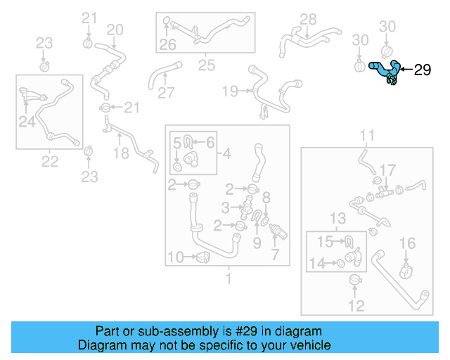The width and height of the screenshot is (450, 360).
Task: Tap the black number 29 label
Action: point(422,70)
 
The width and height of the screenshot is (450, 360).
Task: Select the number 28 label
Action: point(308,19)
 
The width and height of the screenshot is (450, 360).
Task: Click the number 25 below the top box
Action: point(206,66)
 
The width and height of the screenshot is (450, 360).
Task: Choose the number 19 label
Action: point(230,91)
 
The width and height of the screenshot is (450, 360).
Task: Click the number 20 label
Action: point(114,30)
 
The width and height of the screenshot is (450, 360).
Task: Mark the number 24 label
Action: point(27,122)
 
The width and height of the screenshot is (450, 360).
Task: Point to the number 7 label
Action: point(274,254)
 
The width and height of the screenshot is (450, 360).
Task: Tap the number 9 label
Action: point(257,243)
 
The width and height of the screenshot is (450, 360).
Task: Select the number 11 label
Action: point(368,135)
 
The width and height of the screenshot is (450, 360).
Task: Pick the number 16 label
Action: point(408,243)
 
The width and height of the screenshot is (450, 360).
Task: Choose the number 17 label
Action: point(388,170)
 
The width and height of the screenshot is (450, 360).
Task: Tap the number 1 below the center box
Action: point(227,279)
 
